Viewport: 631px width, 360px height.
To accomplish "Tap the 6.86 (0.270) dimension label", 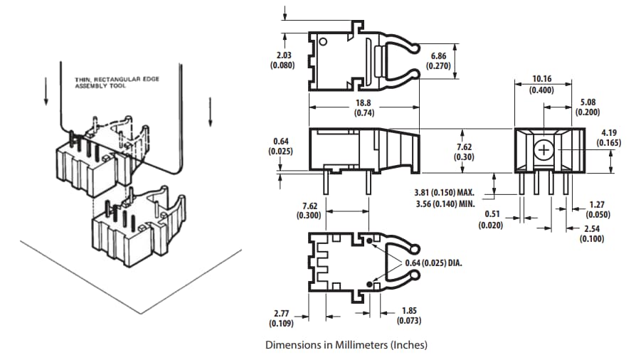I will [x=439, y=60].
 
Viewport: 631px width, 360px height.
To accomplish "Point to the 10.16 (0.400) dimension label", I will [x=543, y=84].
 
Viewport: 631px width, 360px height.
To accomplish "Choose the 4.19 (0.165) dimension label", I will [x=609, y=137].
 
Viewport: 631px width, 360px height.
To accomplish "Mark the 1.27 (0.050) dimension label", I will [x=595, y=209].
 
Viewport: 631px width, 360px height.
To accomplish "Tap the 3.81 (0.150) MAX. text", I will [x=444, y=192].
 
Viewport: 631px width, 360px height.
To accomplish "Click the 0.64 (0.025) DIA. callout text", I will [x=434, y=263].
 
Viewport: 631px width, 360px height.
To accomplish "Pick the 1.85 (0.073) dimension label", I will [x=409, y=315].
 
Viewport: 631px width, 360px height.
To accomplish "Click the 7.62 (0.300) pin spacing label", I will [x=308, y=211].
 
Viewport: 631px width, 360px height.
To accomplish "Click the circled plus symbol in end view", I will [x=544, y=151].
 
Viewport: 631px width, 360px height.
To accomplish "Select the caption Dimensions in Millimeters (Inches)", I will [x=346, y=345].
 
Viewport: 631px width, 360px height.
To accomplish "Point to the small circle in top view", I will [x=324, y=42].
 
